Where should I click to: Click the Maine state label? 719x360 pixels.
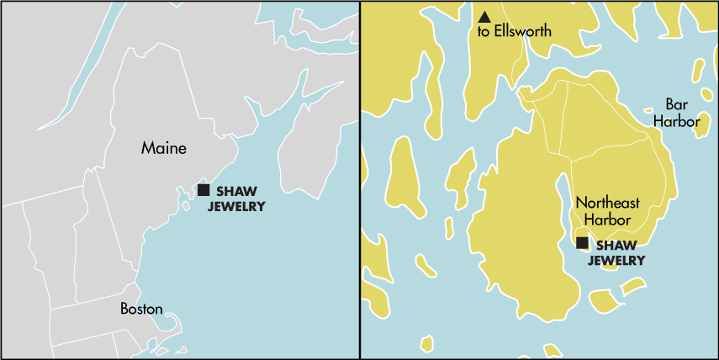point(163,149)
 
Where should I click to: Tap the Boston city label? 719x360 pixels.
point(141,309)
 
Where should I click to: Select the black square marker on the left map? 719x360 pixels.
point(204,190)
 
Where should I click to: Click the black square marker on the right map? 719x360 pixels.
point(582,243)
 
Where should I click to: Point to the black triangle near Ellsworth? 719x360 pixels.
point(484,17)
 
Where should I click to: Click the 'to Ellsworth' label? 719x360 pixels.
point(514,32)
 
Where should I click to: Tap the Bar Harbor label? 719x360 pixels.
point(677,113)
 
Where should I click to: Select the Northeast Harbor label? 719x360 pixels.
point(607,210)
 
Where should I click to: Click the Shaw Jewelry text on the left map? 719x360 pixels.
point(236,199)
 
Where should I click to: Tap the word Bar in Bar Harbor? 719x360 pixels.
point(676,104)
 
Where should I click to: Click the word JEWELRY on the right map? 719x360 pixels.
point(616,261)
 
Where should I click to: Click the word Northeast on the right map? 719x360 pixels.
point(607,203)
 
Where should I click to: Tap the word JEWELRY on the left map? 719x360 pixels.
point(236,206)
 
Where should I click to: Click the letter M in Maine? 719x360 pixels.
point(148,149)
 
